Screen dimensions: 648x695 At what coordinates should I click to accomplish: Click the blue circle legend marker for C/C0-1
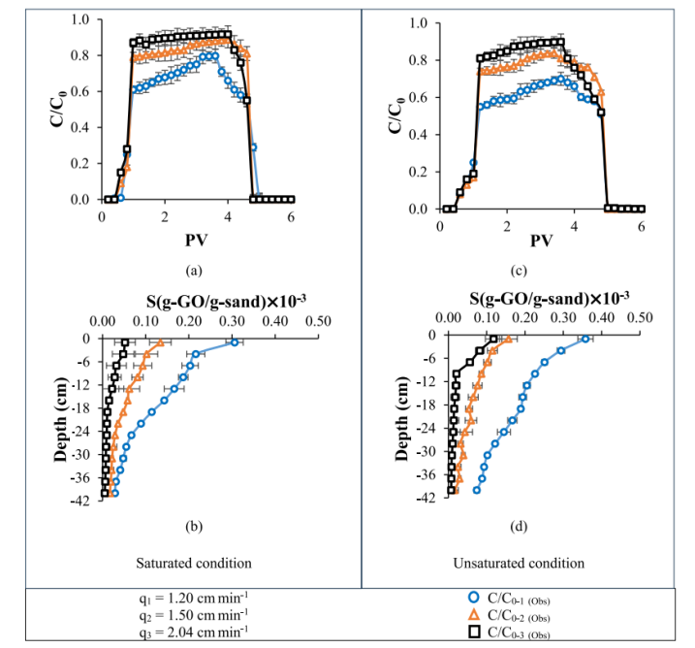[475, 597]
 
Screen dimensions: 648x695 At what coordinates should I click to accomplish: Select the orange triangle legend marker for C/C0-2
[475, 614]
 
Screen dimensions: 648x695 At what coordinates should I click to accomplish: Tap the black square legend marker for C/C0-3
[475, 632]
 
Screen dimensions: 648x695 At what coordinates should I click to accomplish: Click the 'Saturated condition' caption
[194, 563]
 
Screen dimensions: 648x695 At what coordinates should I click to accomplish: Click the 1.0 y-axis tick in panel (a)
[80, 19]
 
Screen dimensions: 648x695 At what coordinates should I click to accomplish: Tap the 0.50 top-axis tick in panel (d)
[640, 316]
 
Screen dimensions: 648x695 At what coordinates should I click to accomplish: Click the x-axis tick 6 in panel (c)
[642, 225]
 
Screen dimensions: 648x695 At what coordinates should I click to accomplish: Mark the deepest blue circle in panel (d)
[476, 490]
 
